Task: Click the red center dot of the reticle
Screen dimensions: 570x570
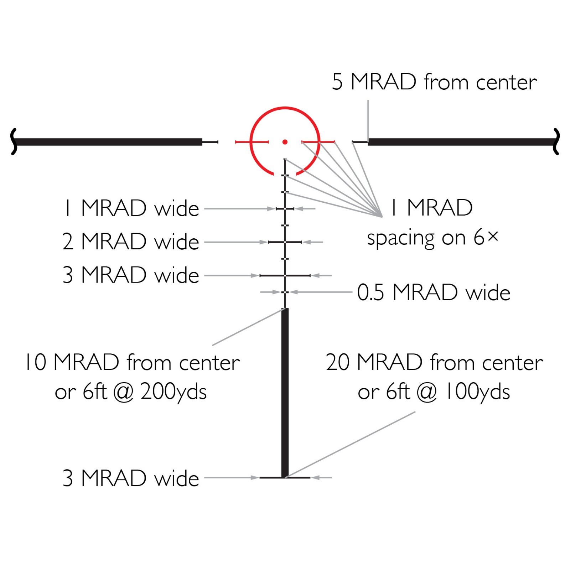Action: click(x=285, y=142)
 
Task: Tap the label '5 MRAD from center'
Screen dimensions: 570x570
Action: click(x=434, y=82)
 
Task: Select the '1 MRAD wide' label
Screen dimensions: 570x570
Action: click(x=131, y=208)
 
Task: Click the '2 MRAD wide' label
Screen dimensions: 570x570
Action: click(x=130, y=242)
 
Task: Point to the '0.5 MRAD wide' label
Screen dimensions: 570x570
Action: click(x=434, y=292)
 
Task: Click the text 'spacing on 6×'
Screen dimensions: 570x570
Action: click(x=432, y=238)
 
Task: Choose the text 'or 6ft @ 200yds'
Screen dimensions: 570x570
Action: click(x=131, y=392)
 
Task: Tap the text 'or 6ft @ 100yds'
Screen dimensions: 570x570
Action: click(x=434, y=392)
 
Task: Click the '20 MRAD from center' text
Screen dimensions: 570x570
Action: click(x=434, y=363)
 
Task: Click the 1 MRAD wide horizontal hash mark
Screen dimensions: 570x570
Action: click(x=285, y=208)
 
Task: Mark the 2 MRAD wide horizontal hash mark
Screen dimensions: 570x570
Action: click(x=285, y=242)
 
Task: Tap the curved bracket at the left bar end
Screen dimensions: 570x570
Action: click(x=14, y=142)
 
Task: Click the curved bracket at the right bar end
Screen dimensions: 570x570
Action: click(x=556, y=142)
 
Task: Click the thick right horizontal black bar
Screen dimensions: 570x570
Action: click(x=460, y=142)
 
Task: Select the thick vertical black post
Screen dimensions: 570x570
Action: click(x=285, y=392)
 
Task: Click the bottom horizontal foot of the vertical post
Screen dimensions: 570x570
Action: click(x=271, y=477)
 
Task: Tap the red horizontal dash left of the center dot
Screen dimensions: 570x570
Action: click(x=252, y=142)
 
